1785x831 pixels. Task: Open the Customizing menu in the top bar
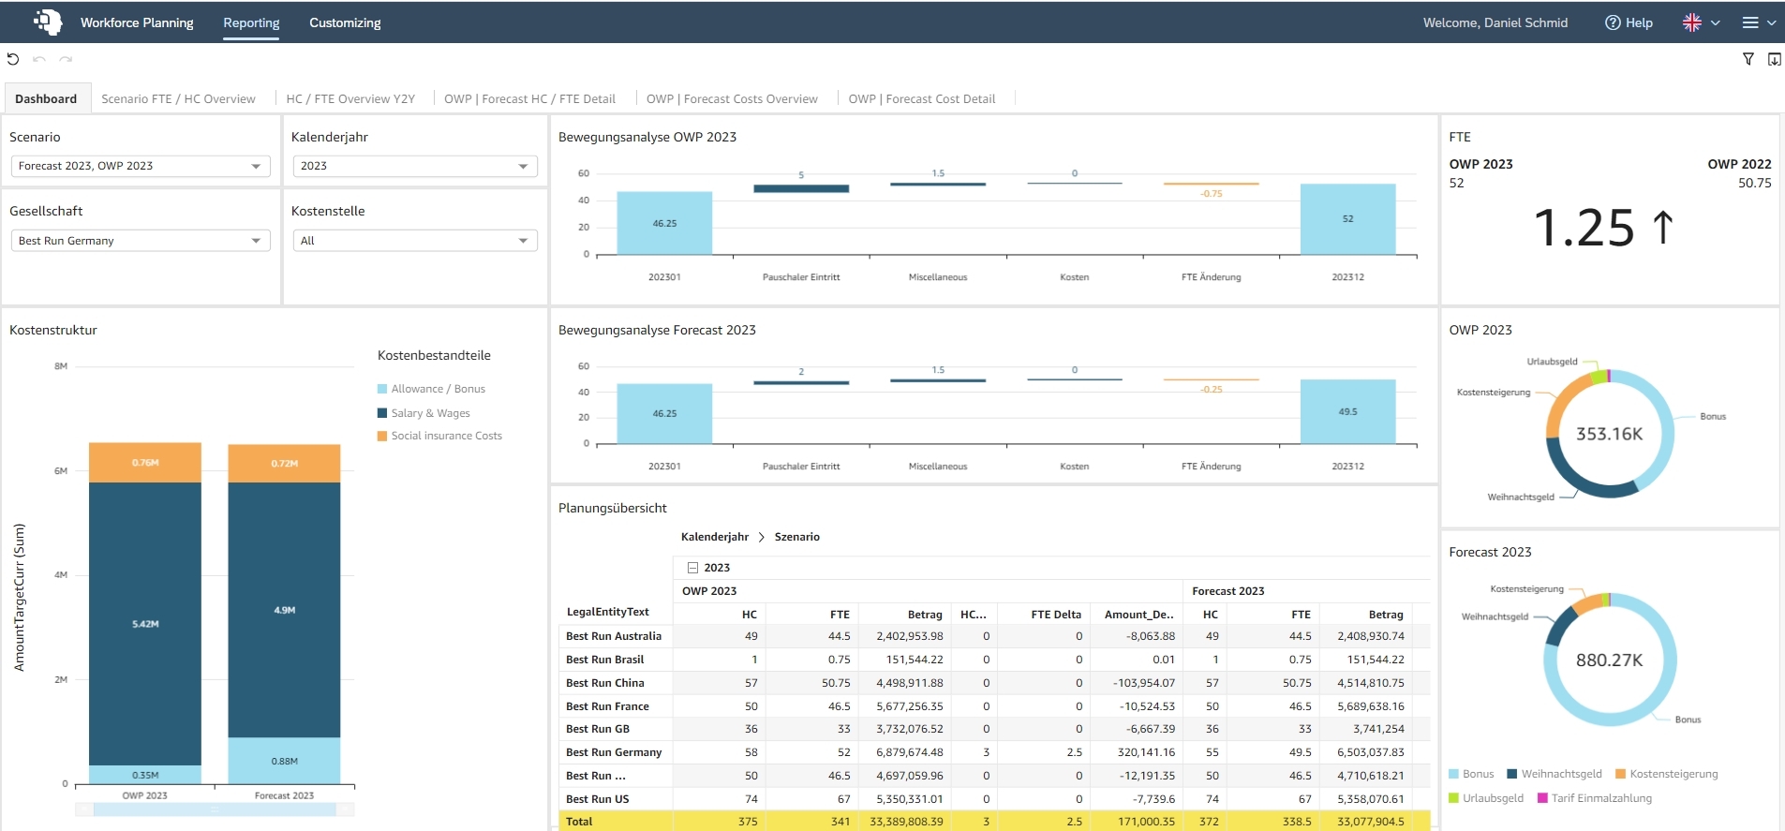(x=345, y=22)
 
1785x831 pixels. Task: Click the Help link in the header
(x=1629, y=22)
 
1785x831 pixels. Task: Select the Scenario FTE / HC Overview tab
(x=178, y=98)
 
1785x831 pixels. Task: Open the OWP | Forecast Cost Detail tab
(x=922, y=98)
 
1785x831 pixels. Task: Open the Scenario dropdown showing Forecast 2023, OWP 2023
(x=141, y=166)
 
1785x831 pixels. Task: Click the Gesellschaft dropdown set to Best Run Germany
(x=141, y=241)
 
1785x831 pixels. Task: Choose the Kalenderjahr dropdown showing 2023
(x=414, y=166)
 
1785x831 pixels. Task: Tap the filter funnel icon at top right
(x=1748, y=59)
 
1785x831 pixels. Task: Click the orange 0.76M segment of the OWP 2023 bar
(x=145, y=463)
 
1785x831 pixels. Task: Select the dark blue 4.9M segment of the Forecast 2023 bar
(x=284, y=610)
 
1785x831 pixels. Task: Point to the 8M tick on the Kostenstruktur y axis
(x=61, y=366)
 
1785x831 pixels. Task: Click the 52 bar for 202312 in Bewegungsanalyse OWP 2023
(x=1347, y=219)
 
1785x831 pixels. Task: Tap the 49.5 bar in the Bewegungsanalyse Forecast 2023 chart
(x=1347, y=411)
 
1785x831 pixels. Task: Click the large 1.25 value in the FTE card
(x=1584, y=228)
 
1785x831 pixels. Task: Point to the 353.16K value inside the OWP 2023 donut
(x=1609, y=434)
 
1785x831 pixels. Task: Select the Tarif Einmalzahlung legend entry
(x=1595, y=798)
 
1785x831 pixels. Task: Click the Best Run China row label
(x=604, y=683)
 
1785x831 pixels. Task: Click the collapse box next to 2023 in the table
(x=692, y=568)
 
